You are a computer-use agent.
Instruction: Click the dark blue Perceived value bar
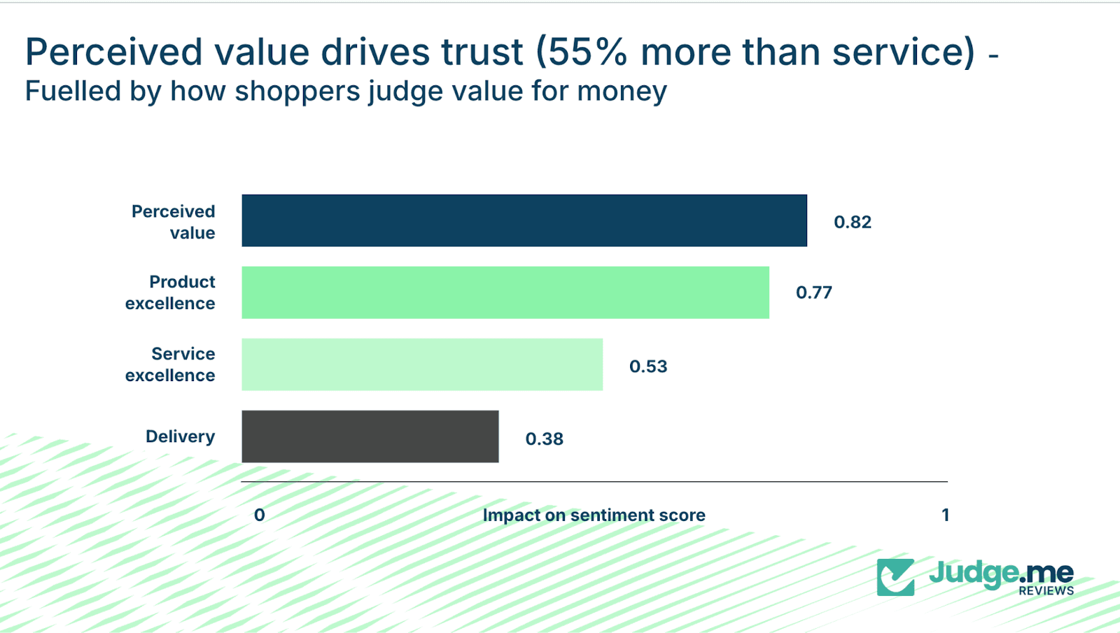[x=524, y=220]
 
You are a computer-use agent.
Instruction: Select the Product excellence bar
[x=505, y=292]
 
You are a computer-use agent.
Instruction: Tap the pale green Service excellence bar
[x=422, y=364]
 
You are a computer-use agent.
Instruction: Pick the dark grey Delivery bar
[x=370, y=436]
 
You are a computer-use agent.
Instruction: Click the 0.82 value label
[x=853, y=222]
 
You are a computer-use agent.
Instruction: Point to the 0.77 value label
[x=814, y=292]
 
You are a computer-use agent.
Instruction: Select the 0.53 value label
[x=648, y=367]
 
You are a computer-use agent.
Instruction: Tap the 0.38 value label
[x=545, y=439]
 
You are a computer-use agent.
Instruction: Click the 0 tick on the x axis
[x=259, y=515]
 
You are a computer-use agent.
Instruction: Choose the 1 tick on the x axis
[x=946, y=515]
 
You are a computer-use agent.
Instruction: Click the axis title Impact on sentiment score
[x=594, y=515]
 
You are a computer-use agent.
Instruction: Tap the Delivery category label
[x=180, y=436]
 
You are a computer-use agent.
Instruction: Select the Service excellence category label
[x=170, y=364]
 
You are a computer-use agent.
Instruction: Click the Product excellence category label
[x=170, y=292]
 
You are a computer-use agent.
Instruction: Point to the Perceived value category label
[x=174, y=222]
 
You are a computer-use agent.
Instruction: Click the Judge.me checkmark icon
[x=895, y=577]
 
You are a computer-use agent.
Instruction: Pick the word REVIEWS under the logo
[x=1046, y=591]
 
